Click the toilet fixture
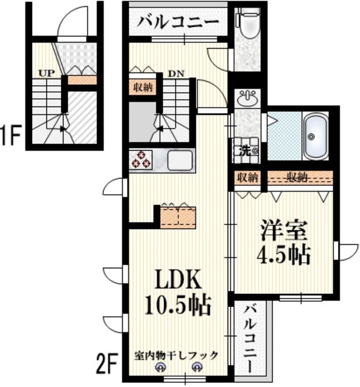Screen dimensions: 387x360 point(246,24)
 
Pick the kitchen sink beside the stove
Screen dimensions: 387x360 point(180,160)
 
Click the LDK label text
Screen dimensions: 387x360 point(177,280)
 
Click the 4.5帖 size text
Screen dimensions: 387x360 point(284,255)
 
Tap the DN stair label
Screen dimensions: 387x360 point(175,73)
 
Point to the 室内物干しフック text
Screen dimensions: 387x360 point(176,356)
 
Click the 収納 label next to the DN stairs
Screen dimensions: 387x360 point(143,86)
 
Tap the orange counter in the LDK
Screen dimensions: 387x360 point(178,216)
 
